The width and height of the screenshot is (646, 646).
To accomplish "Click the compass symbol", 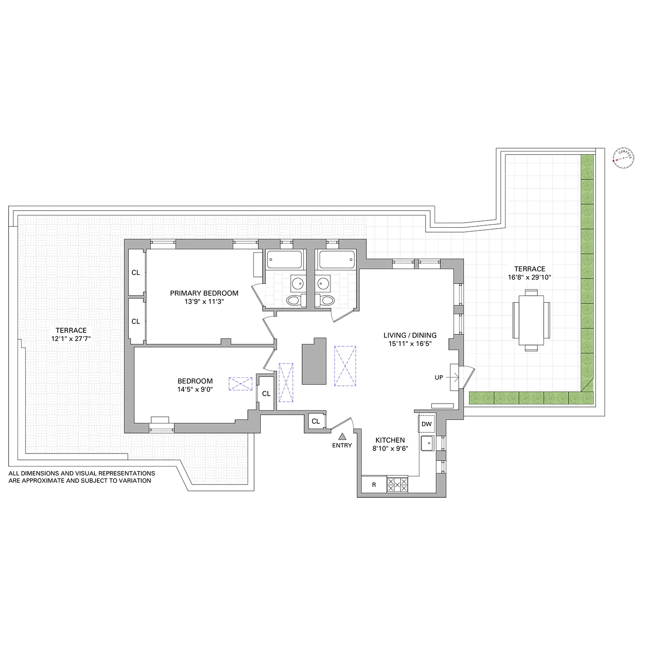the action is pyautogui.click(x=624, y=158).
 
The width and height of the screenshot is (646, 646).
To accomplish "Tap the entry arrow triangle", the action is pyautogui.click(x=342, y=437).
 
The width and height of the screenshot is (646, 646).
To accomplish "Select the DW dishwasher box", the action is pyautogui.click(x=426, y=424).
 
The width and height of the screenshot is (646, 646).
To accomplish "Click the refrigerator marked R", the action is pyautogui.click(x=374, y=484).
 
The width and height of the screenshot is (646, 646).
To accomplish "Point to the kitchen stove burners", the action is pyautogui.click(x=397, y=484).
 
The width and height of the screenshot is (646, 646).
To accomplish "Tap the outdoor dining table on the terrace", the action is pyautogui.click(x=531, y=320).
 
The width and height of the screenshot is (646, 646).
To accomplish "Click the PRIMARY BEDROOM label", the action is pyautogui.click(x=204, y=293).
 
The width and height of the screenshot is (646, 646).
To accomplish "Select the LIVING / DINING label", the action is pyautogui.click(x=410, y=335).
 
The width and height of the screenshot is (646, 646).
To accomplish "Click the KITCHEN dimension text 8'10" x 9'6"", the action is pyautogui.click(x=390, y=448).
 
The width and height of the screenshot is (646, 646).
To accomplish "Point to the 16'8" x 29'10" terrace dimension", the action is pyautogui.click(x=529, y=277).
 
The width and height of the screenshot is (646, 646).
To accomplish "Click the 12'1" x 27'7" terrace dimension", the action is pyautogui.click(x=71, y=339).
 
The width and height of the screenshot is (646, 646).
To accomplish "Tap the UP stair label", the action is pyautogui.click(x=439, y=378).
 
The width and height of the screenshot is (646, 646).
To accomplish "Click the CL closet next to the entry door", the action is pyautogui.click(x=316, y=421).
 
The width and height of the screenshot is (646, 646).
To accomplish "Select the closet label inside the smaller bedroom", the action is pyautogui.click(x=266, y=394).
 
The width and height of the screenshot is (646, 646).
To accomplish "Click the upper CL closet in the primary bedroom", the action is pyautogui.click(x=136, y=273).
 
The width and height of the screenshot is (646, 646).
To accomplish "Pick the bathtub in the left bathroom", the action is pyautogui.click(x=284, y=259).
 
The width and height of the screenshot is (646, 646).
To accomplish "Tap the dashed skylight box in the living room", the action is pyautogui.click(x=345, y=366).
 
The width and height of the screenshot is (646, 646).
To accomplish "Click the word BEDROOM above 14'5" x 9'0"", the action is pyautogui.click(x=195, y=381).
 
